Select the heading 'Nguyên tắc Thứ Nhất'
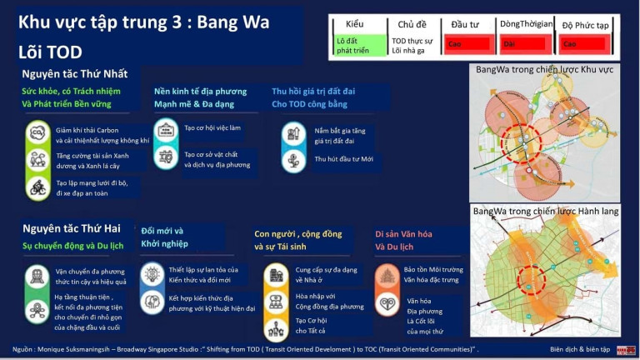click(x=81, y=74)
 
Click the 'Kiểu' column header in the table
click(x=355, y=25)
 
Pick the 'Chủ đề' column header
click(x=412, y=25)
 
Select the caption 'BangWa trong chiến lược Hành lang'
click(x=546, y=212)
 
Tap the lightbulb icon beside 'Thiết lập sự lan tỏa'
click(x=152, y=273)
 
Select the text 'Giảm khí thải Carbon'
click(x=88, y=130)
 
